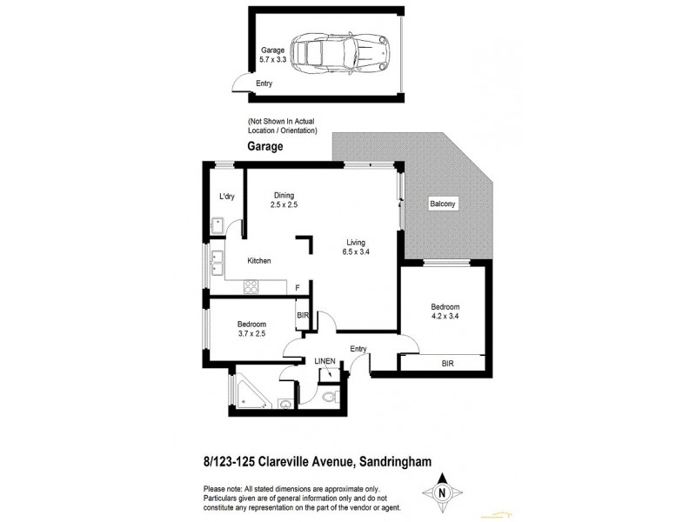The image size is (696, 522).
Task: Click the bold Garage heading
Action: (x=265, y=147)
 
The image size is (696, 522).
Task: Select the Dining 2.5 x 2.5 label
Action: (x=284, y=200)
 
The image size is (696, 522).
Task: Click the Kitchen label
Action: (x=259, y=261)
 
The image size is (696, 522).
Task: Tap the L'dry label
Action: (x=227, y=197)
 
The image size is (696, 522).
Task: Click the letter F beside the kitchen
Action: (x=298, y=288)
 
